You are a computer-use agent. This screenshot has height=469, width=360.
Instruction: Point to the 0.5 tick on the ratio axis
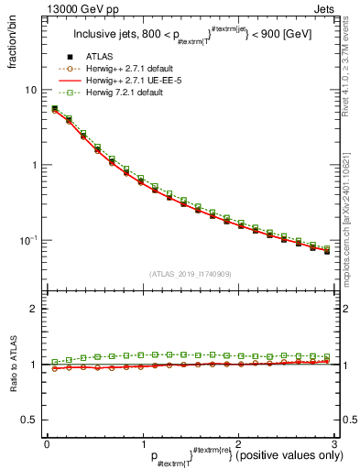click(x=29, y=420)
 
